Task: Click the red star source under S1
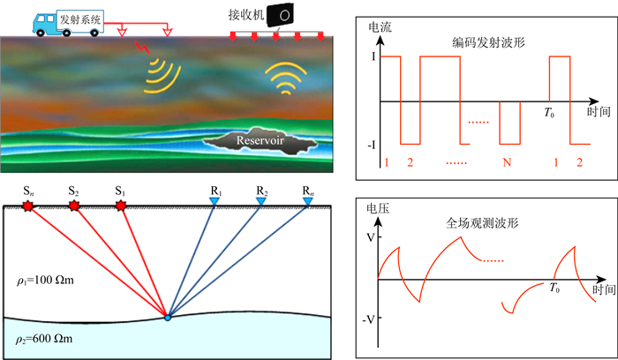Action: pyautogui.click(x=121, y=206)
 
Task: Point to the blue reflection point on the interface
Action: pyautogui.click(x=167, y=317)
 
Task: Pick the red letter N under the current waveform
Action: pyautogui.click(x=506, y=163)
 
